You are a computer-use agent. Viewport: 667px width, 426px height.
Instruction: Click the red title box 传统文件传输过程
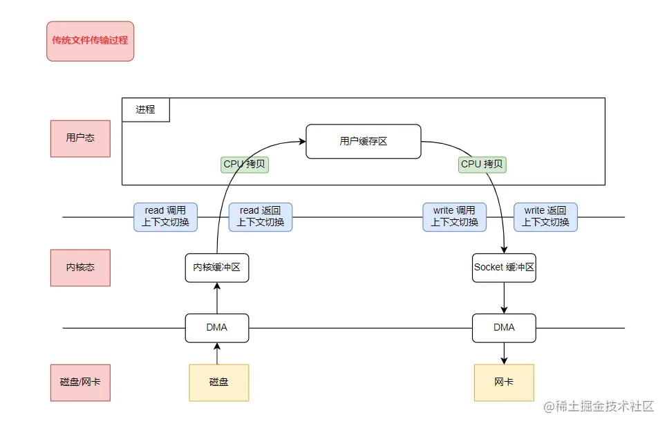(x=90, y=41)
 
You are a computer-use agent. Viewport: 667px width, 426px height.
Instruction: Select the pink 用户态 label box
(x=80, y=138)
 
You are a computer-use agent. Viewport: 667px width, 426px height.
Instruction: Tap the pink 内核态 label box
(x=80, y=268)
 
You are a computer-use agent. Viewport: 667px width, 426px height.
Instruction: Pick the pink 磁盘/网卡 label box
(x=80, y=382)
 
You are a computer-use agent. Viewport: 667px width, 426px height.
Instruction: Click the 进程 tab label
(x=146, y=109)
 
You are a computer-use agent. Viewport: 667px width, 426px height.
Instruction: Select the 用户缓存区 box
(x=364, y=141)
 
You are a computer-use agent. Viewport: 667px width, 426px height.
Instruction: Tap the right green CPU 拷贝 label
(x=483, y=165)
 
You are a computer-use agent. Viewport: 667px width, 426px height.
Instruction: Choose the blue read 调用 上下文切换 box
(x=165, y=216)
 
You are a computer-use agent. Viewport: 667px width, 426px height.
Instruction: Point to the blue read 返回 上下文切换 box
(x=261, y=216)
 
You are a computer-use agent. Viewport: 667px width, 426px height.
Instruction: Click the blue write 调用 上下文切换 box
(x=454, y=216)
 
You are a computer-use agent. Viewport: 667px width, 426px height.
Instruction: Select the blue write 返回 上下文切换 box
(x=545, y=216)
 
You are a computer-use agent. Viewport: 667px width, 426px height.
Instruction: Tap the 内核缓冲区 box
(x=217, y=268)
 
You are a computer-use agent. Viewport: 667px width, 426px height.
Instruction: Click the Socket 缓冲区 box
(x=504, y=268)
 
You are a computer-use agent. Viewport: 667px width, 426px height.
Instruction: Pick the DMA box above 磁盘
(x=217, y=328)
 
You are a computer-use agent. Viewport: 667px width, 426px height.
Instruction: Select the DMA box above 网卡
(x=504, y=328)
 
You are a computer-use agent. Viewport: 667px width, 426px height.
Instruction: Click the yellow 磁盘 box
(x=218, y=382)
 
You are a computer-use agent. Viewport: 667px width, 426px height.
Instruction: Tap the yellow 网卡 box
(x=504, y=382)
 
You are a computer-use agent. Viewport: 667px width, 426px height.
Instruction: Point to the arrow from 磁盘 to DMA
(x=217, y=353)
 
